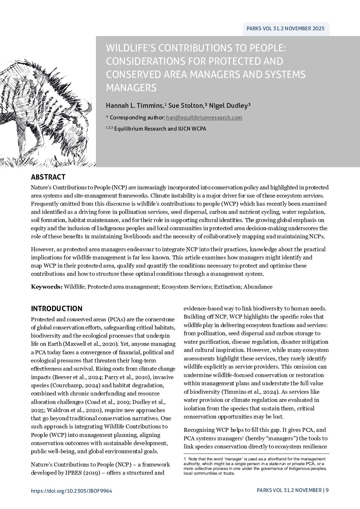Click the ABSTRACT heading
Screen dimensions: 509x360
pyautogui.click(x=48, y=177)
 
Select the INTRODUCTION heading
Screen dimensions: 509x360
pyautogui.click(x=56, y=309)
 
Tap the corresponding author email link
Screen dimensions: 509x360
pyautogui.click(x=204, y=118)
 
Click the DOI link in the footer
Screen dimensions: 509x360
pyautogui.click(x=71, y=491)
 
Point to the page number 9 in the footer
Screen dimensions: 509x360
pyautogui.click(x=327, y=490)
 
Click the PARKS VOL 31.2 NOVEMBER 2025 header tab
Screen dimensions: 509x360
pyautogui.click(x=285, y=29)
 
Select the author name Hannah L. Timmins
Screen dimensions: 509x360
pyautogui.click(x=135, y=106)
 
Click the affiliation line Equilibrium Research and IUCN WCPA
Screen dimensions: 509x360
pyautogui.click(x=160, y=129)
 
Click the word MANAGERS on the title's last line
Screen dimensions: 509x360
pyautogui.click(x=131, y=88)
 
